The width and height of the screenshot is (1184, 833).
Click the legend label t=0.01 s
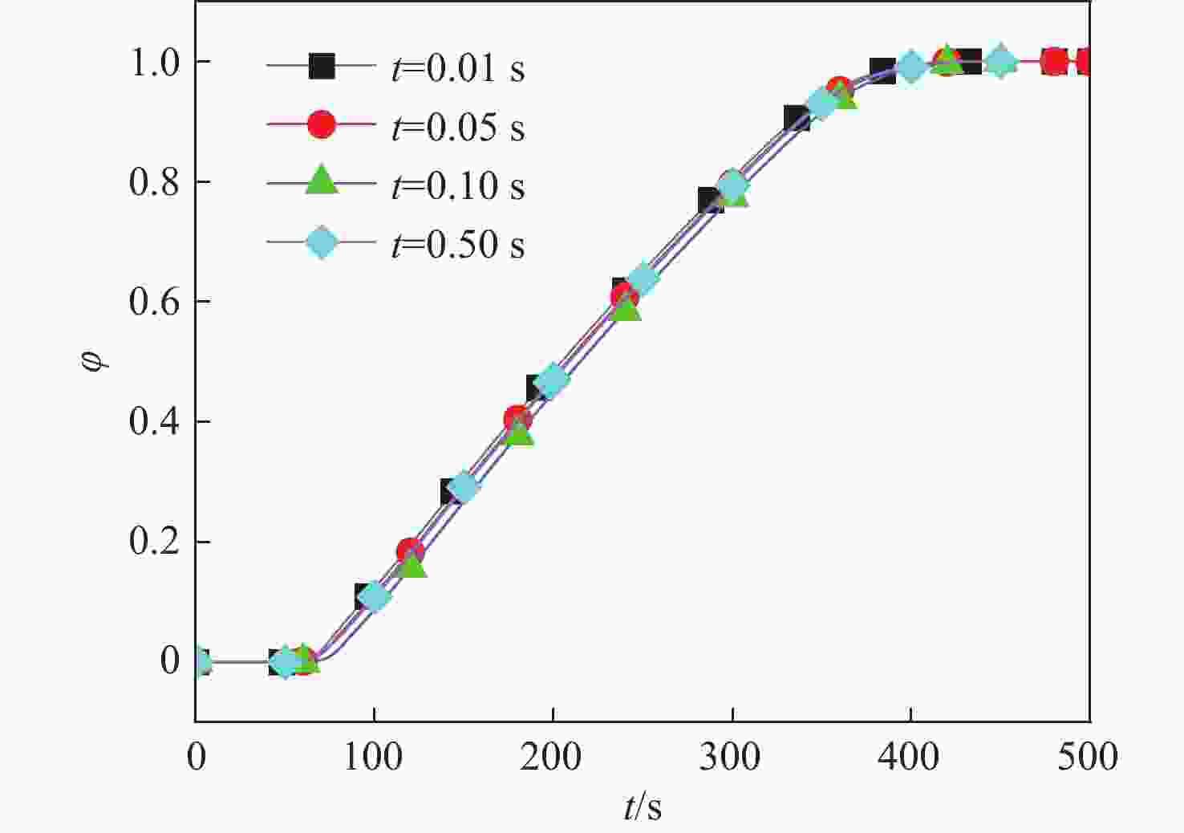coord(458,68)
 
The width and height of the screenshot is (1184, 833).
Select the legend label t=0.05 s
coord(458,127)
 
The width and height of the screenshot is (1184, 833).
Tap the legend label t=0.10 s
coord(458,185)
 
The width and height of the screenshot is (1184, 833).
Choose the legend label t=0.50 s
coord(458,244)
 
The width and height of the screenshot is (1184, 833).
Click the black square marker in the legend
coord(322,66)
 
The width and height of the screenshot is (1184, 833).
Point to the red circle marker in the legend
coord(322,124)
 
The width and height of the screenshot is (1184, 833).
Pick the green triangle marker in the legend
coord(322,181)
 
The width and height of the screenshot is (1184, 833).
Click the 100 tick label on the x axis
coord(373,757)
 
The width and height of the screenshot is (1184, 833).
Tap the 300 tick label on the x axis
coord(730,757)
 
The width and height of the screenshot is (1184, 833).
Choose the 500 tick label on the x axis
coord(1087,757)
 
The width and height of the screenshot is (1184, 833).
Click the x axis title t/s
coord(643,807)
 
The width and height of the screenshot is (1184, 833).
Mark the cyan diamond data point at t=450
coord(1000,61)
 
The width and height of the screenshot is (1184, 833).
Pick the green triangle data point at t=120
coord(412,565)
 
